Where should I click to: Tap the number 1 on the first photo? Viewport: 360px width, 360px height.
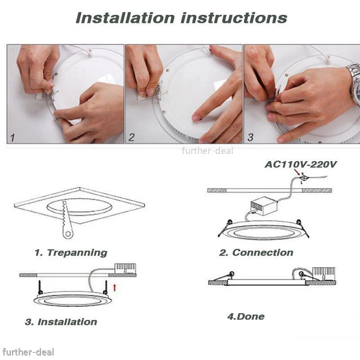13,137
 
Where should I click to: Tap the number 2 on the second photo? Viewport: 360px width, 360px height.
131,137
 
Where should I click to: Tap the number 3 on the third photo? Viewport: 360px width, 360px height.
250,137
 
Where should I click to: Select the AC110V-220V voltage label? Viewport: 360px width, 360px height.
300,164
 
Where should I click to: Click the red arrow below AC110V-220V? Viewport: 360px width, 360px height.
297,172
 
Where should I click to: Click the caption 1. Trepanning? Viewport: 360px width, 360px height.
71,252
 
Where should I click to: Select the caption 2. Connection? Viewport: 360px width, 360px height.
256,252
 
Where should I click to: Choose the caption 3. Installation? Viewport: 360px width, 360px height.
61,322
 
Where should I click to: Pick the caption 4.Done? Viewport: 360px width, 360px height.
246,316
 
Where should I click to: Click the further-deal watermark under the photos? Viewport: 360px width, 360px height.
207,151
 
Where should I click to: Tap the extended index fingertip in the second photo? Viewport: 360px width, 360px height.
197,118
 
